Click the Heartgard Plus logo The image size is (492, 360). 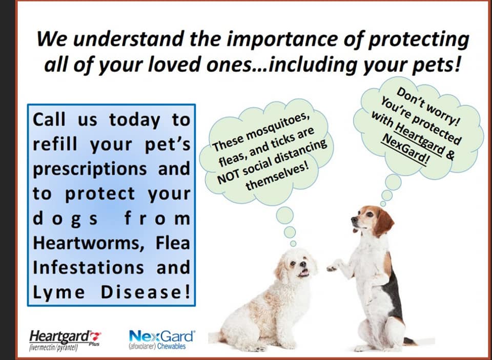[65, 340]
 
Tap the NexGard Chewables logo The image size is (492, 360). [161, 340]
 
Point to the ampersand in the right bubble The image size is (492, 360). [449, 155]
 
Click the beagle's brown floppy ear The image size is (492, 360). [383, 222]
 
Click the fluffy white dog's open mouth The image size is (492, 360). [304, 272]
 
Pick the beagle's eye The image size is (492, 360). [368, 215]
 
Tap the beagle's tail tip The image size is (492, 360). [412, 343]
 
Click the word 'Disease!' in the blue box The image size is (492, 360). [145, 292]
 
